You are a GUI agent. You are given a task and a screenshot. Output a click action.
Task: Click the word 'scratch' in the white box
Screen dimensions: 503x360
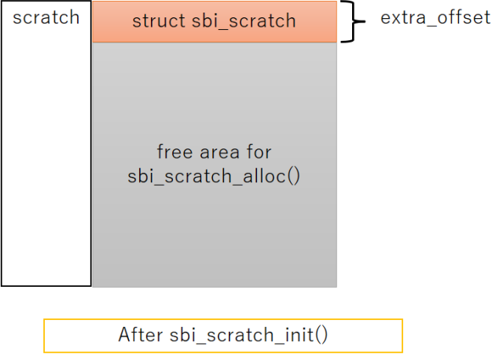[x=46, y=17]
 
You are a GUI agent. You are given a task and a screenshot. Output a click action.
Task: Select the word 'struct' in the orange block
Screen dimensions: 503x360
[x=159, y=21]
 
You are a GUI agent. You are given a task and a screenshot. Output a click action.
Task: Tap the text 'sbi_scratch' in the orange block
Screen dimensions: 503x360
[x=244, y=21]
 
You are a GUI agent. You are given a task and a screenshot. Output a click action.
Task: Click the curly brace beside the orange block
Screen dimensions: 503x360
[x=353, y=21]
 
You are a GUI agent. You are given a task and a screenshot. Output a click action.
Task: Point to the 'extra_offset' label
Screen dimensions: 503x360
[x=435, y=17]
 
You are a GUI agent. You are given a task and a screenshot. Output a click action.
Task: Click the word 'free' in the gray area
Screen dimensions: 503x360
[x=174, y=152]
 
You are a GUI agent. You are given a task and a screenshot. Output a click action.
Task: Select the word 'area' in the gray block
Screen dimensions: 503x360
[x=220, y=152]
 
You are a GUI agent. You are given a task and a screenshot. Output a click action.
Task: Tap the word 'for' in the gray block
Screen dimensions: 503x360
[x=259, y=152]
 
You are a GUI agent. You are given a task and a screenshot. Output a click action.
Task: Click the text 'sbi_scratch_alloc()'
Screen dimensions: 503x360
[x=214, y=176]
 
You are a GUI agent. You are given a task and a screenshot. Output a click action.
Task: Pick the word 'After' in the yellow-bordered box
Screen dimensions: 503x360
[x=141, y=335]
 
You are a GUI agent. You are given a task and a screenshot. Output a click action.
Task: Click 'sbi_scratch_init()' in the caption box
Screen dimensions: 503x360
[x=248, y=336]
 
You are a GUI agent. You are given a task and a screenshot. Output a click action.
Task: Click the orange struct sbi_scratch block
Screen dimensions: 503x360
[x=215, y=21]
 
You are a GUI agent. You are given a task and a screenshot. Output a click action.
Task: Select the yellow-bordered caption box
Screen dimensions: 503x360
[x=223, y=336]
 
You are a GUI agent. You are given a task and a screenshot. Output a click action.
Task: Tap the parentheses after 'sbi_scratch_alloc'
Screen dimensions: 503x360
[x=293, y=177]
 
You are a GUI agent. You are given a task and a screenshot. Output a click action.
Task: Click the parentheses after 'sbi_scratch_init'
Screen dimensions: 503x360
[x=321, y=336]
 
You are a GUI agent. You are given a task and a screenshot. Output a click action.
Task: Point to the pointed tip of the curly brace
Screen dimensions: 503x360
[x=365, y=21]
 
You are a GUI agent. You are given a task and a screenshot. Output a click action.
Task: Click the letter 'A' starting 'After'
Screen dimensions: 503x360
[x=124, y=335]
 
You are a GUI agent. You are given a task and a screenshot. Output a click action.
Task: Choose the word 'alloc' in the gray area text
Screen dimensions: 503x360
[x=264, y=176]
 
